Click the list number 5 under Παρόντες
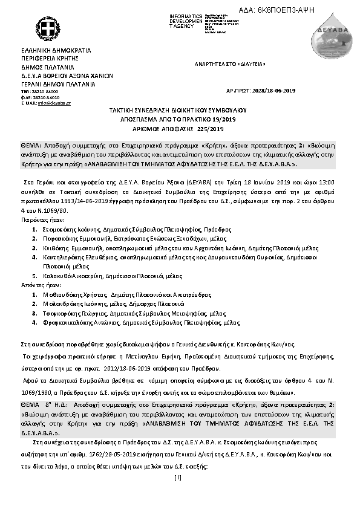[35, 275]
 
